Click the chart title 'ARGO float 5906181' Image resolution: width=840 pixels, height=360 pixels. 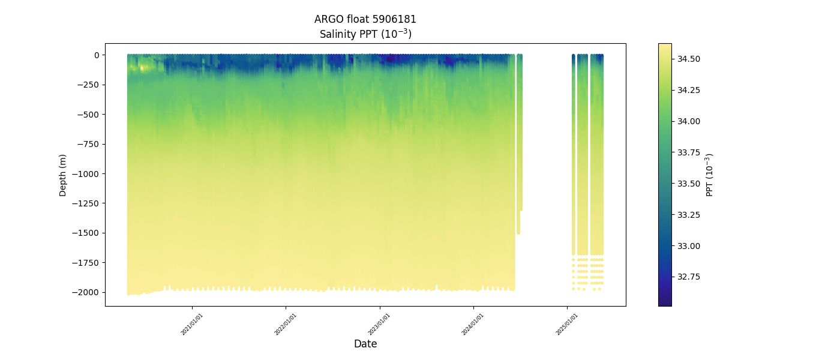(x=365, y=19)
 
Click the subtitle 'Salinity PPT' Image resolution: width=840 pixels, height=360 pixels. (x=365, y=34)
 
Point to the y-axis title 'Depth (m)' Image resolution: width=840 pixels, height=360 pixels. (x=63, y=175)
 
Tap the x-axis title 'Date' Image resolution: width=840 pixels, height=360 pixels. (x=365, y=344)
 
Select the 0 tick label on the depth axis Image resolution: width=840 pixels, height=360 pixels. (x=96, y=55)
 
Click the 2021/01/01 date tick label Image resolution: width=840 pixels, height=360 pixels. (x=192, y=324)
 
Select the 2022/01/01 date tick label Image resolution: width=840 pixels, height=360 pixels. (x=286, y=324)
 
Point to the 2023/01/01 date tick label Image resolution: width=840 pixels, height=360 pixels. (x=379, y=324)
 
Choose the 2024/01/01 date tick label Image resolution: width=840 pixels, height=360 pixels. (x=473, y=324)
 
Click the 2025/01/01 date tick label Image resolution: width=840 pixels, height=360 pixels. (x=566, y=324)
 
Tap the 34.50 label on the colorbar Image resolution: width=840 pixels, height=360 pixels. (x=689, y=59)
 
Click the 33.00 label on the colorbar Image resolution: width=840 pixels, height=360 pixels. (x=689, y=246)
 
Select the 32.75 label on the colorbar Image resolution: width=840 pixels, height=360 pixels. (x=689, y=277)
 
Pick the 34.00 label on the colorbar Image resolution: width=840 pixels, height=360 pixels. (x=689, y=121)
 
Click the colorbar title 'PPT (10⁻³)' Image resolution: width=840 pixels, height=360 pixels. (x=710, y=175)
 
